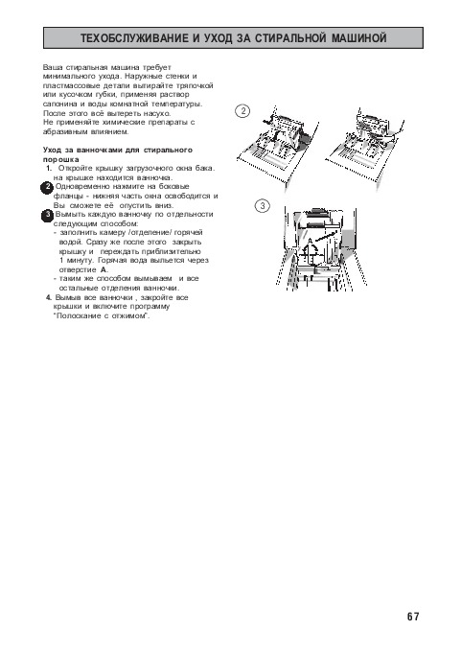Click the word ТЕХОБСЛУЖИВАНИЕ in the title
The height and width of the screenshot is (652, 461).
[x=134, y=38]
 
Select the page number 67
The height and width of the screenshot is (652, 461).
[x=413, y=617]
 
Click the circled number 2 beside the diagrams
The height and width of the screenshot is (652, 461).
[x=242, y=111]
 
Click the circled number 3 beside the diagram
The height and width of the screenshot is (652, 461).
[x=263, y=206]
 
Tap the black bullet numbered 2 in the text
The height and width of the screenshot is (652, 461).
[x=47, y=188]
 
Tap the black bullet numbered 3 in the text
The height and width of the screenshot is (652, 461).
[x=47, y=216]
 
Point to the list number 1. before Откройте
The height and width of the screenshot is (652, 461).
[x=49, y=169]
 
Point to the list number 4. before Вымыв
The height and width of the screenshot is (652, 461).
[x=49, y=298]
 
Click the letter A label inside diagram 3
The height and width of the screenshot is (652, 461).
[x=309, y=241]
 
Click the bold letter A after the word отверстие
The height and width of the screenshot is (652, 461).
[x=104, y=269]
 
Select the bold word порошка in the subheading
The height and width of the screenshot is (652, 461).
[x=61, y=159]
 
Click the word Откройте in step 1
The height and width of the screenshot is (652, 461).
[x=75, y=169]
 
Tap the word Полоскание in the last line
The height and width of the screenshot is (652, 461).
[x=77, y=316]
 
